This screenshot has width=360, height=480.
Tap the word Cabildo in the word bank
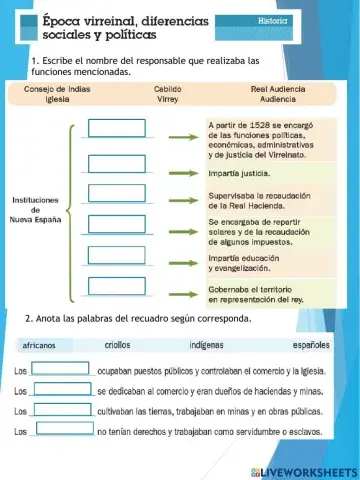pyautogui.click(x=167, y=89)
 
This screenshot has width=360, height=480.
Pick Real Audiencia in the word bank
pyautogui.click(x=278, y=89)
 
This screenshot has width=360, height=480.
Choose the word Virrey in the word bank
pyautogui.click(x=167, y=100)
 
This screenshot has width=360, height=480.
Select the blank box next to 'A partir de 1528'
pyautogui.click(x=117, y=128)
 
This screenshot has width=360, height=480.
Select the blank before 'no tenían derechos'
pyautogui.click(x=62, y=431)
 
